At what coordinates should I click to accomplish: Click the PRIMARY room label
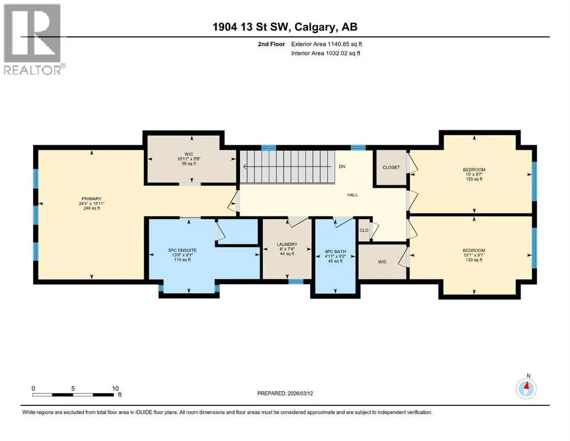pos(91,199)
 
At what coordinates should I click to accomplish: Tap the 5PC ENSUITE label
pos(182,250)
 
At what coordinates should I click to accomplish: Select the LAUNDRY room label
pos(287,244)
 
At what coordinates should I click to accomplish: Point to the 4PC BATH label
pos(335,252)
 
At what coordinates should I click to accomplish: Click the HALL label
pos(352,195)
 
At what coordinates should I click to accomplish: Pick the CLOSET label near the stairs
pos(391,167)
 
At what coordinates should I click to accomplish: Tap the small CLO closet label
pos(364,230)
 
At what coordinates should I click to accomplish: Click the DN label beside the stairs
pos(342,167)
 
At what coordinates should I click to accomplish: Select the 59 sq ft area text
pos(189,164)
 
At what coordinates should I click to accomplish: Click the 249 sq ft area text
pos(91,208)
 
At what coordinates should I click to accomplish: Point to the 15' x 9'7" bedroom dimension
pos(474,174)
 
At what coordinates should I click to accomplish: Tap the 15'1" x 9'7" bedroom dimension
pos(474,255)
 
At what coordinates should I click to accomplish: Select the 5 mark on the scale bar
pos(73,388)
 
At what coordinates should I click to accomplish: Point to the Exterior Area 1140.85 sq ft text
pos(327,44)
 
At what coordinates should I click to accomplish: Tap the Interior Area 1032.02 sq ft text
pos(325,53)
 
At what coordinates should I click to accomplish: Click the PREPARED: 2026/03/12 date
pos(285,393)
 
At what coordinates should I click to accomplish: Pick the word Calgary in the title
pos(315,27)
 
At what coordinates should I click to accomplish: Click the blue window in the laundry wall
pos(296,281)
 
